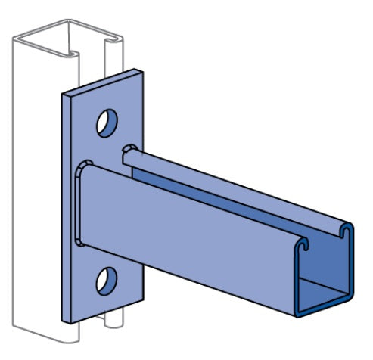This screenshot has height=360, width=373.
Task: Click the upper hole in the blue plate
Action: pos(106,123)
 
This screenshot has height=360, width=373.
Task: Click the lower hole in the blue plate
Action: pos(106,281)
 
